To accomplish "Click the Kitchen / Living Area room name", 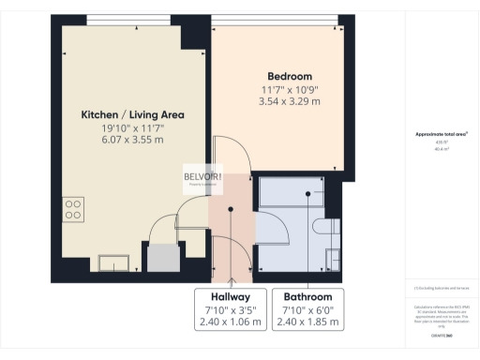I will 132,115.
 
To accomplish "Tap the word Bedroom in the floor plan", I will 290,76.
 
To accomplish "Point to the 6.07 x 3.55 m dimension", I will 132,141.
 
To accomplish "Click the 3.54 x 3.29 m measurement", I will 290,101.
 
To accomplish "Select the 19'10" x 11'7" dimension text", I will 132,128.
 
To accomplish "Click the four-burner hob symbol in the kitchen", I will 73,207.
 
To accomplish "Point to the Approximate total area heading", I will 441,134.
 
